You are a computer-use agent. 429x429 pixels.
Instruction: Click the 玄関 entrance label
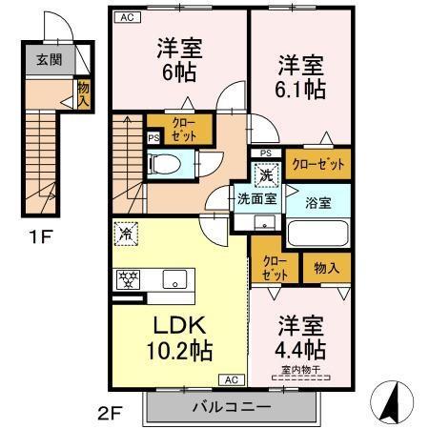click(49, 60)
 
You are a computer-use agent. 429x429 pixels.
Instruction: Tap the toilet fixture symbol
click(164, 164)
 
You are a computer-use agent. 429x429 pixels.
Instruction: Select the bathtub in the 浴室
click(317, 233)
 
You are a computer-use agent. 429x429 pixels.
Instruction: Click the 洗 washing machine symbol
click(266, 175)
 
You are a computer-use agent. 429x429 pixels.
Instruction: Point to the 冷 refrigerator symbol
click(126, 234)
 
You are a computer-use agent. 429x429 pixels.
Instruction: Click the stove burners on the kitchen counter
click(128, 279)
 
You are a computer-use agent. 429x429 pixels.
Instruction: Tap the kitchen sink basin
click(174, 279)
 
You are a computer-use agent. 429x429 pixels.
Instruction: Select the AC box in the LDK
click(232, 379)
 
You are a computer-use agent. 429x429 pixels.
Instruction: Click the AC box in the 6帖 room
click(128, 17)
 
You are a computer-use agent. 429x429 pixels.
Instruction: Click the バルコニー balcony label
click(232, 407)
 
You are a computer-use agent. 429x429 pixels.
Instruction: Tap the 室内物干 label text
click(301, 370)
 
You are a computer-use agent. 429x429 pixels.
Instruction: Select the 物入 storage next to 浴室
click(327, 268)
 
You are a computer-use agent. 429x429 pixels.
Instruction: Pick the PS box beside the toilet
click(153, 138)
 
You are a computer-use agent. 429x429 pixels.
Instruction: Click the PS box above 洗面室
click(266, 153)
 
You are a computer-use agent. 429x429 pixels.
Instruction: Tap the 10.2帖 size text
click(179, 351)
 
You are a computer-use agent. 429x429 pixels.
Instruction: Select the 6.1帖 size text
click(300, 90)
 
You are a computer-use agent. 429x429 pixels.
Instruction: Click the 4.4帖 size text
click(300, 349)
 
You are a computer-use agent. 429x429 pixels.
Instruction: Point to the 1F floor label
click(40, 236)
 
